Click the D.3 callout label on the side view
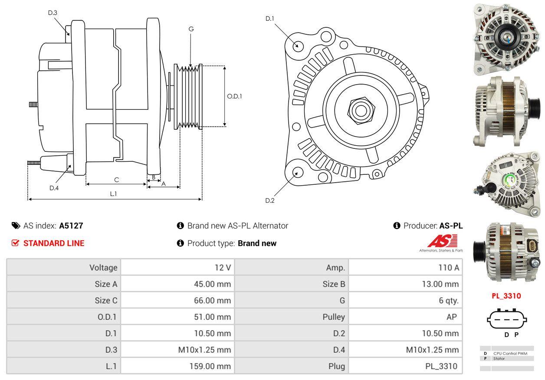(x=53, y=13)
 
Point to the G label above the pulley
(x=191, y=29)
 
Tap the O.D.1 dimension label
(x=234, y=96)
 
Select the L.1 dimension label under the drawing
(x=113, y=194)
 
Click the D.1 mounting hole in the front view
(x=298, y=45)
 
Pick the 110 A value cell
(x=449, y=268)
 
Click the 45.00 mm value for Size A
(x=212, y=284)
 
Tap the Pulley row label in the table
(x=334, y=317)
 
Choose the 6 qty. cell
(x=448, y=300)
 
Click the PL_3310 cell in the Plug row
(x=441, y=366)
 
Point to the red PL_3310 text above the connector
(x=506, y=296)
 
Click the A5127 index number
(x=71, y=226)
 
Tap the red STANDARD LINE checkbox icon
(x=16, y=243)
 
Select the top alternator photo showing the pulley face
(x=506, y=39)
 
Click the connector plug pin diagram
(x=507, y=320)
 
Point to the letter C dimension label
(x=116, y=179)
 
